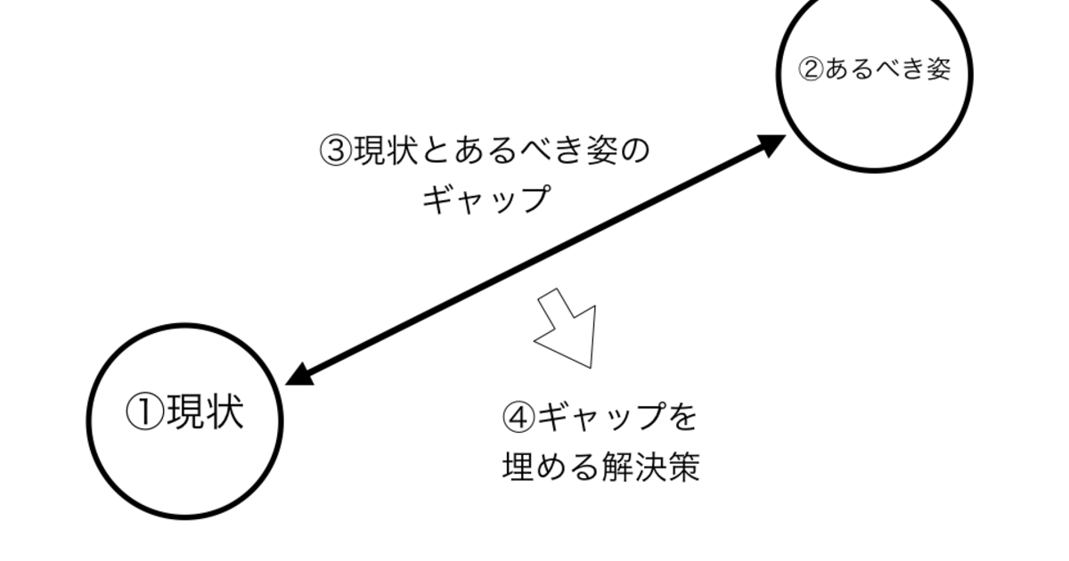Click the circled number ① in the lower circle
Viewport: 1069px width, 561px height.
point(145,412)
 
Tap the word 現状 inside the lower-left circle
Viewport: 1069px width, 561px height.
point(205,411)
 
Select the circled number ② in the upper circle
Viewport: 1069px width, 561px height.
point(811,69)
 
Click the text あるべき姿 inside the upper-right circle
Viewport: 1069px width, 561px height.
point(887,69)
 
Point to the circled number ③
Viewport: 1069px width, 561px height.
point(336,150)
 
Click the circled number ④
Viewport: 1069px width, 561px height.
point(518,418)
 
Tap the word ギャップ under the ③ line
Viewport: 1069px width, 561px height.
point(486,199)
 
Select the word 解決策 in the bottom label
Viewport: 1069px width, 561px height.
point(650,467)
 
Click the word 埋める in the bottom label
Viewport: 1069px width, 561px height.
point(551,467)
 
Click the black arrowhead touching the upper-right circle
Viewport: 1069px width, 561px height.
point(771,144)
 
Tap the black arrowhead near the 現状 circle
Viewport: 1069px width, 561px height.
point(301,375)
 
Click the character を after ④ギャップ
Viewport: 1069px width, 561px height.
point(683,417)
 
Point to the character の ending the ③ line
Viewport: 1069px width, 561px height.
point(634,150)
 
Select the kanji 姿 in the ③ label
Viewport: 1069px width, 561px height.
point(602,150)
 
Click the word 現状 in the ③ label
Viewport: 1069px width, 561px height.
point(387,150)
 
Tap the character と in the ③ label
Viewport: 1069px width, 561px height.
point(436,150)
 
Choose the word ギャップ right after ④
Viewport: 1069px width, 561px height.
point(601,417)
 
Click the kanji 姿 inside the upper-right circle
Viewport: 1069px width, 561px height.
point(938,69)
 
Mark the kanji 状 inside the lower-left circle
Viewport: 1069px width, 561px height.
point(225,411)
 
